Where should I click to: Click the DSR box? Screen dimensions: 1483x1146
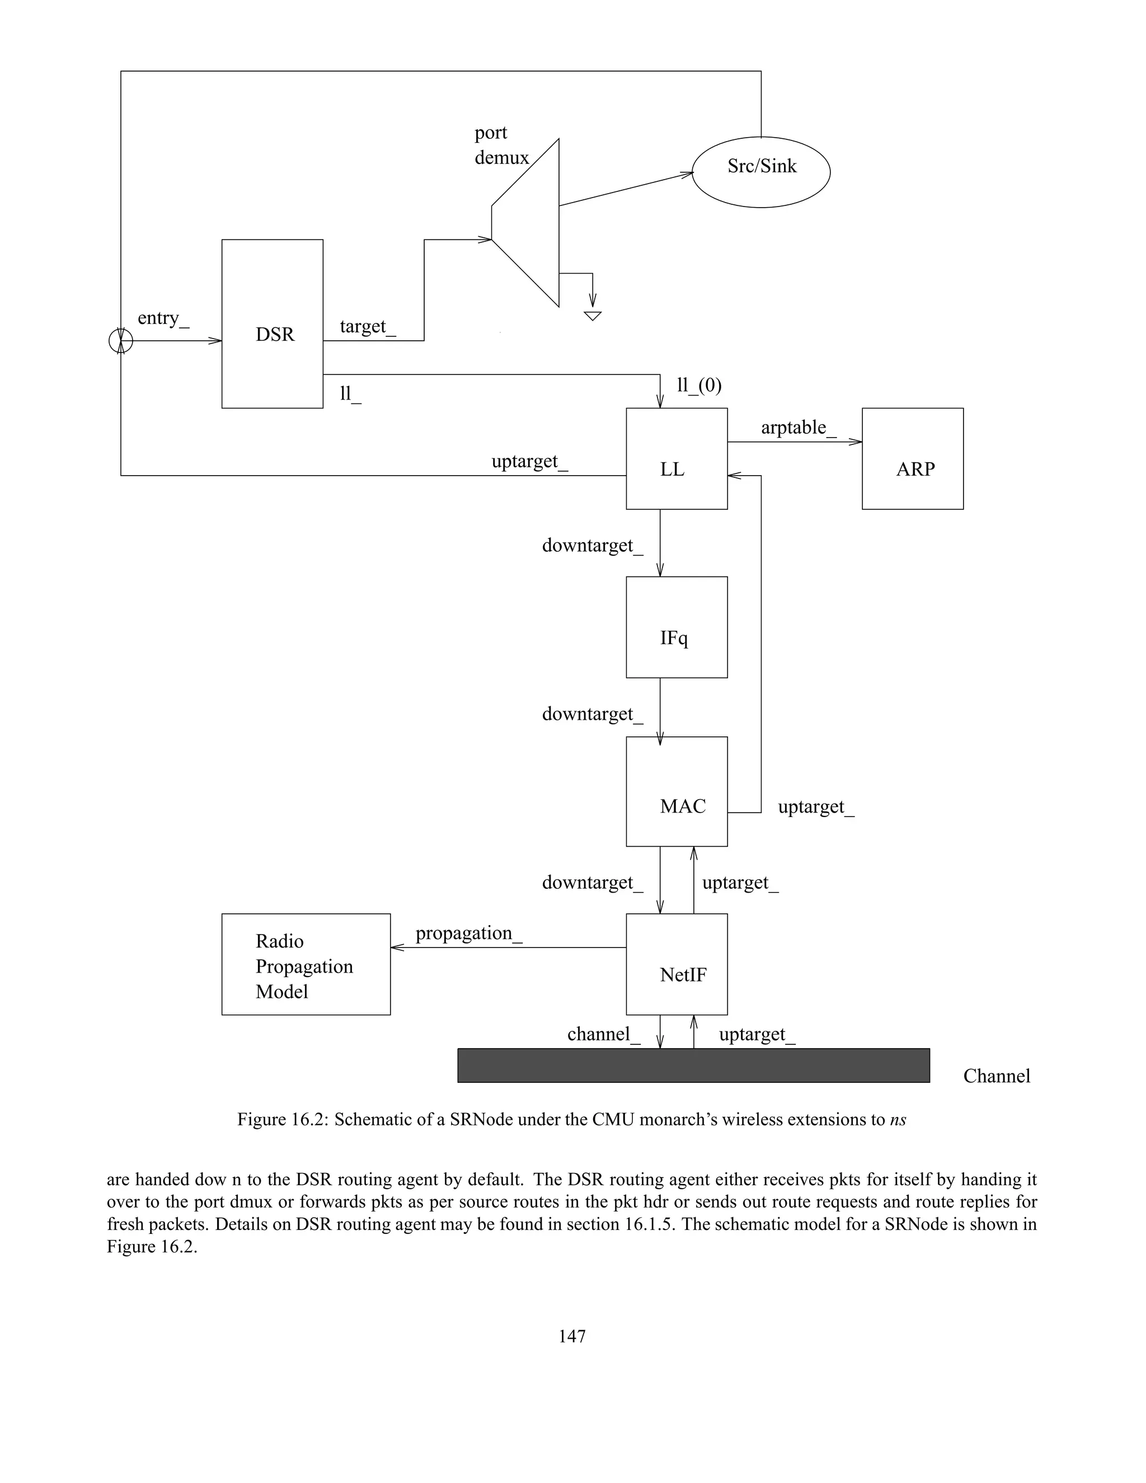[273, 324]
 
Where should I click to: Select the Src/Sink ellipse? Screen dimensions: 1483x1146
[761, 172]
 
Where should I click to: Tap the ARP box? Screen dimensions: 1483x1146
[913, 459]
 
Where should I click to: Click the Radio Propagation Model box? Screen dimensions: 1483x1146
[306, 964]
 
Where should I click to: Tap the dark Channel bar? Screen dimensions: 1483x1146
[693, 1066]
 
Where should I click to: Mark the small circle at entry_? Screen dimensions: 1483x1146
[121, 340]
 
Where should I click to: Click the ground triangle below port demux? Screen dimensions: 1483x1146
[593, 316]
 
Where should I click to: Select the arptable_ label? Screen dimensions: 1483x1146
[799, 428]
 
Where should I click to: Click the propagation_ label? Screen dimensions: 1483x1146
[468, 933]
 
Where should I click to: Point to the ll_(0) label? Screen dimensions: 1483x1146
[699, 386]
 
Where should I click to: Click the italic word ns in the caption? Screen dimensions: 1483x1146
[898, 1120]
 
